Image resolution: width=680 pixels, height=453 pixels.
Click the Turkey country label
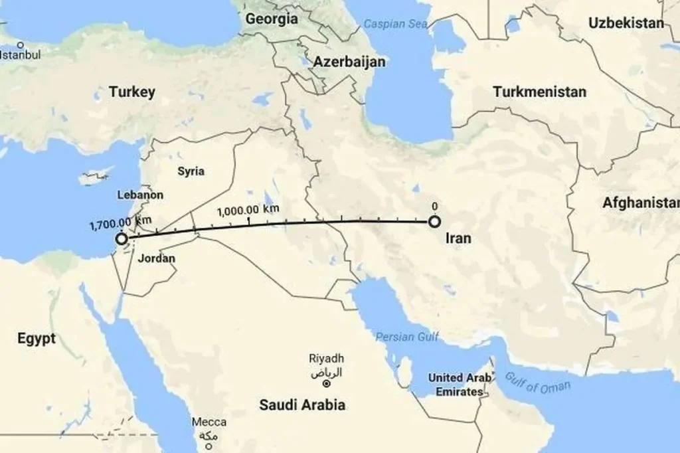[132, 92]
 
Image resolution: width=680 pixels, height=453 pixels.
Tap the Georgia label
[272, 19]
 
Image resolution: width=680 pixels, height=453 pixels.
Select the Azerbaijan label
[350, 62]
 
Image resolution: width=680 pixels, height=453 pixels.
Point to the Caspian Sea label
[394, 25]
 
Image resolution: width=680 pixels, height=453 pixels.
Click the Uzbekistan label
[626, 23]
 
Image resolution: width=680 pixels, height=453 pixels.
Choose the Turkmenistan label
[539, 92]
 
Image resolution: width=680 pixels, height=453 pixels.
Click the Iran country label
[459, 238]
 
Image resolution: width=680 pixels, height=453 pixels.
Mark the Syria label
[191, 171]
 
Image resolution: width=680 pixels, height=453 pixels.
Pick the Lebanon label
[140, 195]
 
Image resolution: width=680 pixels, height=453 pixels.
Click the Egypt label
[37, 338]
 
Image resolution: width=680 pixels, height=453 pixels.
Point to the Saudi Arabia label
[302, 405]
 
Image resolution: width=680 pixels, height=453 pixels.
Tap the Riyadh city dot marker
[326, 384]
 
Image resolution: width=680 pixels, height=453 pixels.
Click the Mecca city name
[209, 422]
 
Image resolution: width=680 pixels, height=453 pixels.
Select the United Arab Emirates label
[460, 385]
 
